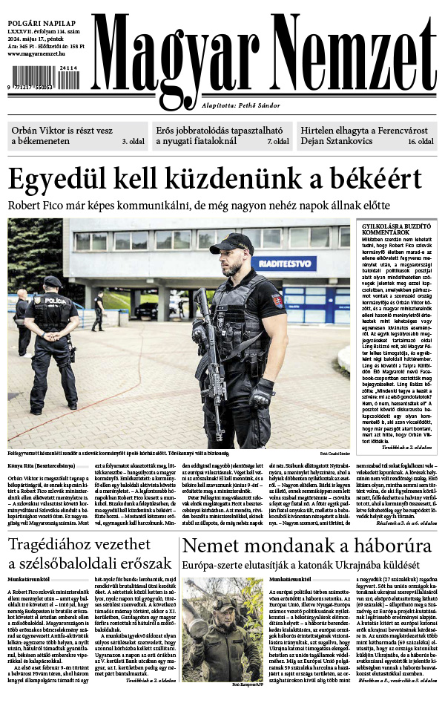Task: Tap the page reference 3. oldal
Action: click(134, 140)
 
